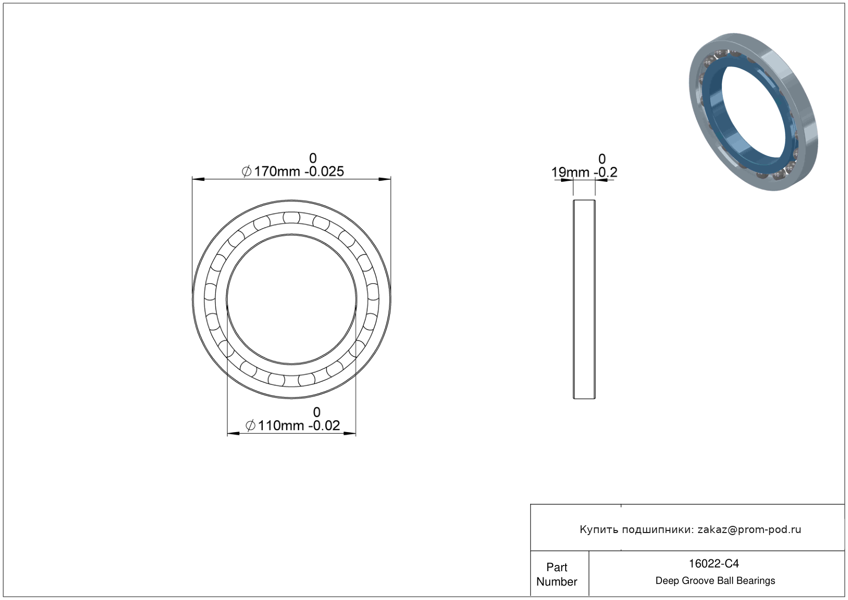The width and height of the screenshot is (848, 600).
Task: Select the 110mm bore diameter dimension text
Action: (x=281, y=425)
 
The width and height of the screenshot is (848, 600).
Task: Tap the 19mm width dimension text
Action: (x=570, y=172)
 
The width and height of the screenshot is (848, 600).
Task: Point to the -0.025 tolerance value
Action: (x=324, y=172)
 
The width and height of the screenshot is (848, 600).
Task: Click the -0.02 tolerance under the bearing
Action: (x=324, y=425)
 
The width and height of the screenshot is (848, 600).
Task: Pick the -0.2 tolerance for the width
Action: (x=606, y=172)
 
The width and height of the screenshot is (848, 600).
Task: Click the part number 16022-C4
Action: (x=714, y=563)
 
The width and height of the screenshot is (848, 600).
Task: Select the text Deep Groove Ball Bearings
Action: (x=715, y=580)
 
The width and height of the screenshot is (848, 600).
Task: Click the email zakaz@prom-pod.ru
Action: (x=749, y=529)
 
